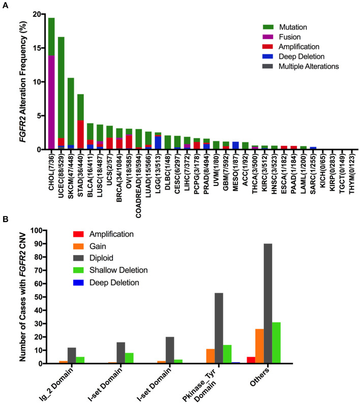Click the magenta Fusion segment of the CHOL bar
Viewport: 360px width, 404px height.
[51, 102]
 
